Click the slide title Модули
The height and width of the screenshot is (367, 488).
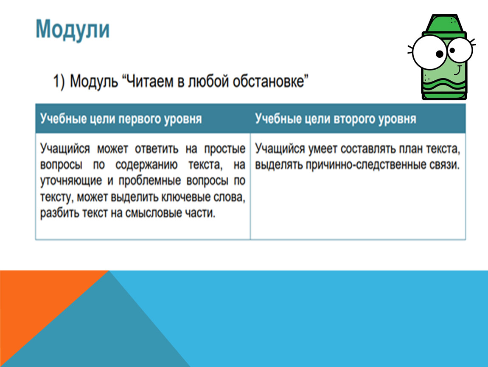[73, 29]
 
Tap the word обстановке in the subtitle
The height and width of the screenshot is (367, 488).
[270, 81]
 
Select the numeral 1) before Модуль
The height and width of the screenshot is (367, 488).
[59, 82]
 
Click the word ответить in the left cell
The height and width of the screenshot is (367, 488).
[157, 149]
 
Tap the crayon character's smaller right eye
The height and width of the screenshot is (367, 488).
[460, 50]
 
